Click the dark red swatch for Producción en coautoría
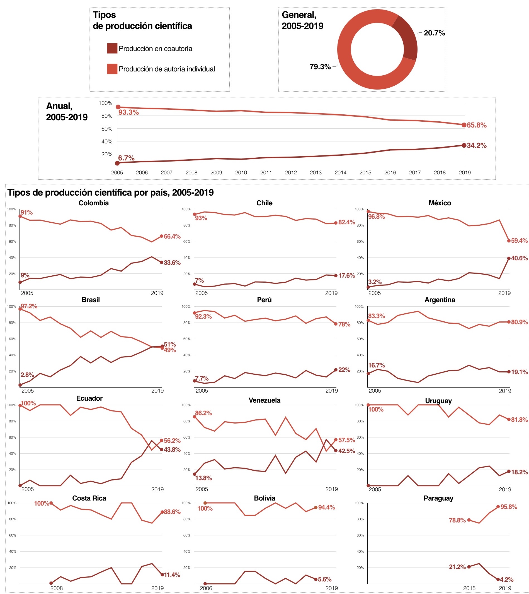112,48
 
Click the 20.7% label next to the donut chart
434,33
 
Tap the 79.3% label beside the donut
320,67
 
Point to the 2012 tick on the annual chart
291,172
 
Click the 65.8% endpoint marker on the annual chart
464,125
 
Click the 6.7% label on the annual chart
126,158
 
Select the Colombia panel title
94,203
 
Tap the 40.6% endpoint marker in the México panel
509,258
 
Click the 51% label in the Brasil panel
170,344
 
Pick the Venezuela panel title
264,400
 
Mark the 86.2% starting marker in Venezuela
195,417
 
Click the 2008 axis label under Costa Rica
56,588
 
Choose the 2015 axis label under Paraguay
469,588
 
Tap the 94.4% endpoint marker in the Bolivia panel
316,508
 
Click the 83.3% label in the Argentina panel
376,316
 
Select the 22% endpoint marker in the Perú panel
336,370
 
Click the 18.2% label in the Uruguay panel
519,472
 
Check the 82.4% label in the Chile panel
346,222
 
